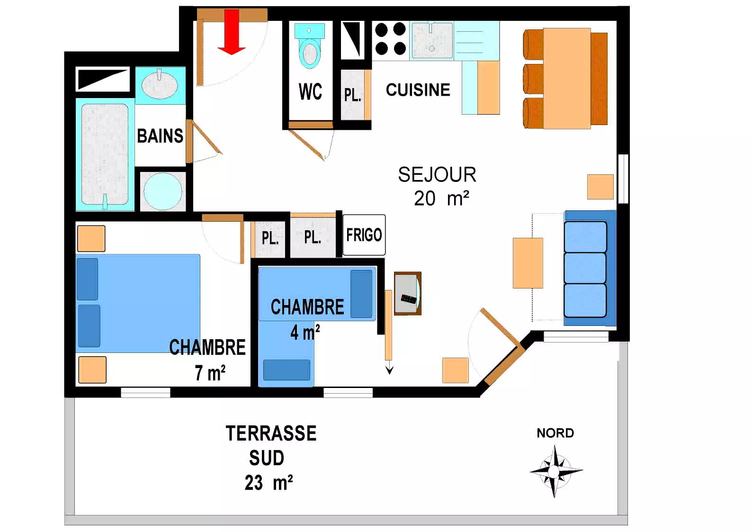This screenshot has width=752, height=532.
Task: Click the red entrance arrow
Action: (x=232, y=32)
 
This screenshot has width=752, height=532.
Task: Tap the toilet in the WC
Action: (x=310, y=46)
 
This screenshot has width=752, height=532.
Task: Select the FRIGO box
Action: (x=364, y=235)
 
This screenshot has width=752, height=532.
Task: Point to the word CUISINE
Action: (x=418, y=90)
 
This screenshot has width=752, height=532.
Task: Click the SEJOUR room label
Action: (x=437, y=175)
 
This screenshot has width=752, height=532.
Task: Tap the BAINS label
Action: (x=160, y=136)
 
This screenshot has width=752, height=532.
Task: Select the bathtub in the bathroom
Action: (x=105, y=154)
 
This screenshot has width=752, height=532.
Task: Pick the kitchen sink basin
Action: (x=432, y=40)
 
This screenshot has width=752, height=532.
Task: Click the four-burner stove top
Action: (x=390, y=39)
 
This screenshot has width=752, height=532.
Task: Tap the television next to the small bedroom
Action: (x=408, y=294)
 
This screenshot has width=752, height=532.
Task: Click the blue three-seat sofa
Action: (x=590, y=268)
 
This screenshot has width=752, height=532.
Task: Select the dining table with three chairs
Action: (x=567, y=79)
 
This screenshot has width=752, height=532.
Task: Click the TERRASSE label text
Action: (x=271, y=433)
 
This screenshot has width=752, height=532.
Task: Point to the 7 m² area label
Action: (x=210, y=373)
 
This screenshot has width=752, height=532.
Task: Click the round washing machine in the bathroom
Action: (x=163, y=191)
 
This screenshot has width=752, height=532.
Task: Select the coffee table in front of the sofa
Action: (x=528, y=263)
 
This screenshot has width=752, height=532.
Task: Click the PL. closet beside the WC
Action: (x=353, y=95)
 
